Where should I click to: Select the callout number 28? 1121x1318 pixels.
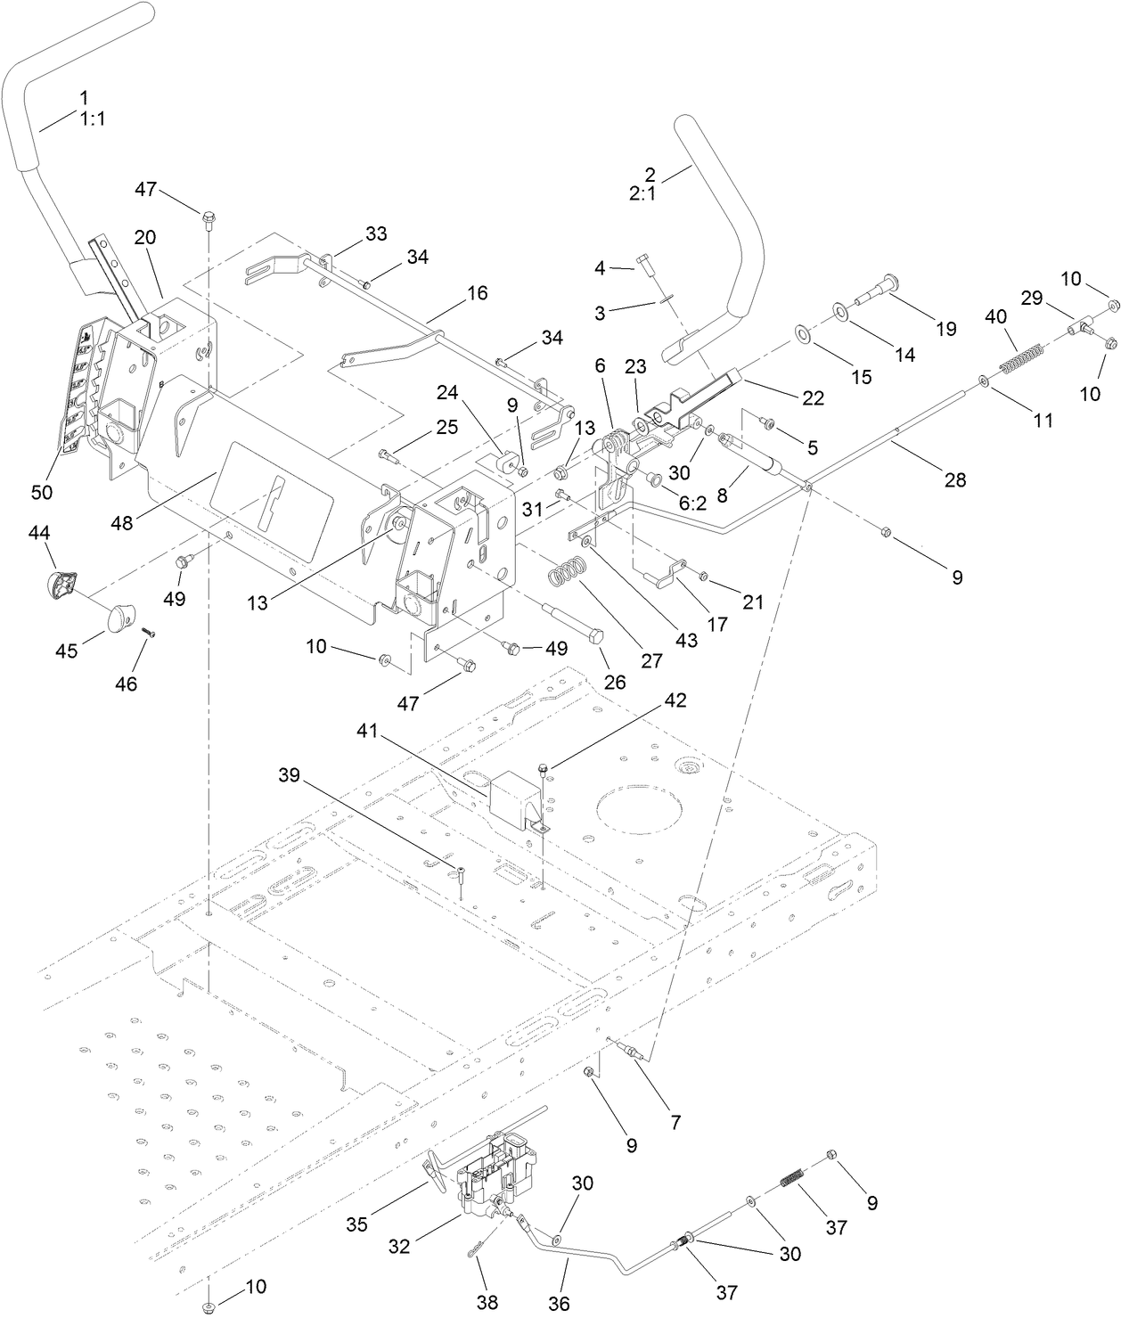[x=954, y=481]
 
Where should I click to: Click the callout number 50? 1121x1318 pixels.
[x=42, y=492]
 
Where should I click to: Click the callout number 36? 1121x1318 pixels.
[x=559, y=1303]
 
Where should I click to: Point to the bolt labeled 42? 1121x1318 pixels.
[x=544, y=765]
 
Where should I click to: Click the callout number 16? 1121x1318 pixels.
[x=478, y=293]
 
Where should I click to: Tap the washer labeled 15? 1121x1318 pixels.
[x=802, y=335]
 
